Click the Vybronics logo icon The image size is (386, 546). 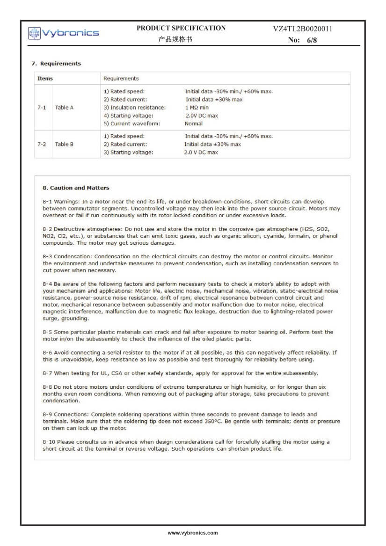coord(34,33)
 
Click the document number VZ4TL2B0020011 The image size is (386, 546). coord(303,29)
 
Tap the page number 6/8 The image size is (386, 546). coord(312,40)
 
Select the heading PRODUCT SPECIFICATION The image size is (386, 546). coord(181,28)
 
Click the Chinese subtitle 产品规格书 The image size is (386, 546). coord(175,40)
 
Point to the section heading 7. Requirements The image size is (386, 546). coord(56,64)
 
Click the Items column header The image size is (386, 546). coord(45,79)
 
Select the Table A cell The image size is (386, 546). coord(64,108)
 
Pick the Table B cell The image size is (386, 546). coord(64,144)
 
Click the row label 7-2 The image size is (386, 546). coord(42,144)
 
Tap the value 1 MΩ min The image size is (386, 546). coord(197,108)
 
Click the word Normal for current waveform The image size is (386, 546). coord(194,124)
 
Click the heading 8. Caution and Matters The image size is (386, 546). coord(76,188)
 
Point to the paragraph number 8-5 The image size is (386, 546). coord(47,332)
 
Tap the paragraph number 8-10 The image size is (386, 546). coord(49,442)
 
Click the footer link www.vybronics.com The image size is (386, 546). coord(193,533)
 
